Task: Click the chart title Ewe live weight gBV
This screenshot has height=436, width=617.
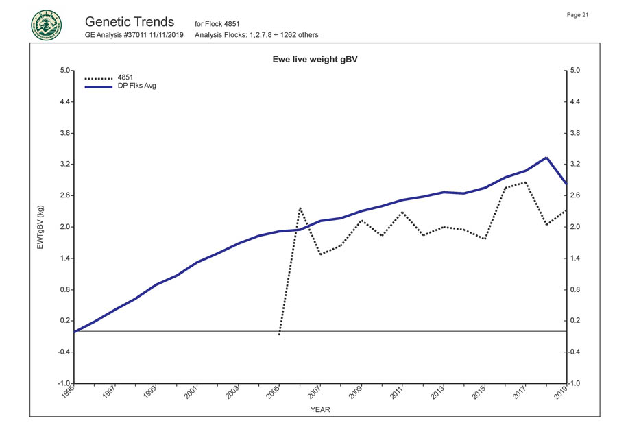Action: click(315, 60)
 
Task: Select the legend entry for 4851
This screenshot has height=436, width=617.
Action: click(125, 77)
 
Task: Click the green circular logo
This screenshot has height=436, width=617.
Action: click(45, 25)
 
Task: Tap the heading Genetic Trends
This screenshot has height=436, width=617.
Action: click(130, 21)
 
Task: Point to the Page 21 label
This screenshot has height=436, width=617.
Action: click(578, 15)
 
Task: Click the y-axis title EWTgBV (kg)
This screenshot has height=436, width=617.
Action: click(40, 226)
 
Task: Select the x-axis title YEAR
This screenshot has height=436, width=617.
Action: click(320, 409)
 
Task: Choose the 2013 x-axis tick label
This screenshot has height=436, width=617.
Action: click(437, 393)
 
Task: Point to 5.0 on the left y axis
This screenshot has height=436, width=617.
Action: click(64, 71)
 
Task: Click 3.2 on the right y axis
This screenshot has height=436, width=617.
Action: click(576, 165)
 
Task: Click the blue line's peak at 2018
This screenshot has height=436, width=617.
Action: click(546, 158)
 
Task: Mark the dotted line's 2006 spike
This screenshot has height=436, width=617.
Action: click(300, 208)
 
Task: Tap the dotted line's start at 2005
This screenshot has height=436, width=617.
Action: click(279, 334)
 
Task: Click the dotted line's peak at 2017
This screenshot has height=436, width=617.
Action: click(525, 182)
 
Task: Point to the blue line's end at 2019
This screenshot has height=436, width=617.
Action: click(566, 184)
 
